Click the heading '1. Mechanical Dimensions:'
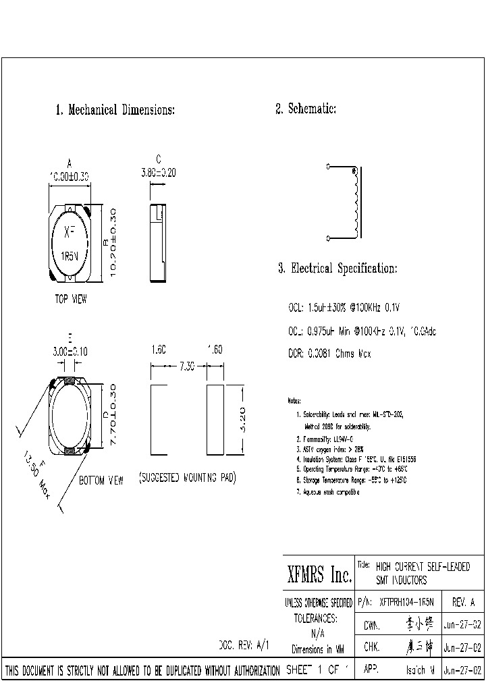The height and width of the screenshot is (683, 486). coord(115,110)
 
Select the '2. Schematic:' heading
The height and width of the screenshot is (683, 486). coord(305,109)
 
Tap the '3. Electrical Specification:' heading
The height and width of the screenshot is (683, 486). coord(337,269)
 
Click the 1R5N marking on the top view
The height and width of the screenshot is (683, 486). coord(71,256)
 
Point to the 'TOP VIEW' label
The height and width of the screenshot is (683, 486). coord(71,299)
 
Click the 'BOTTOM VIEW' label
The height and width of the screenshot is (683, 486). coord(101,481)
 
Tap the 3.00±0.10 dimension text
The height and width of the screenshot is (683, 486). coord(71,352)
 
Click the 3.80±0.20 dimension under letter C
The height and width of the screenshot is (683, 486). coord(158,173)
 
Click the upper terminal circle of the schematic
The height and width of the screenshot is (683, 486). coord(328,166)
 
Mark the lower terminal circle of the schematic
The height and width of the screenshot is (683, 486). coord(328,238)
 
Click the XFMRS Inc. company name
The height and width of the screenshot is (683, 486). coord(316,575)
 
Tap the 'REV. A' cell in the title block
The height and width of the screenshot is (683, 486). coord(462,602)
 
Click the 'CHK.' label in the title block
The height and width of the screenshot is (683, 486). coord(372,647)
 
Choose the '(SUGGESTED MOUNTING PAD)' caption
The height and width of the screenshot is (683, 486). coord(187,478)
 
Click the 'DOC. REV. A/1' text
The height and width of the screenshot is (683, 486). coord(244,645)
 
